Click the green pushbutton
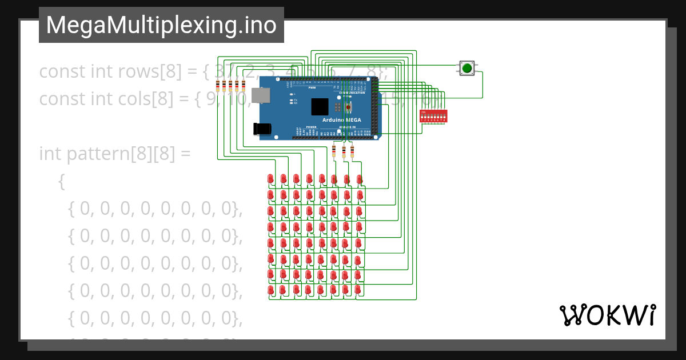[x=467, y=69]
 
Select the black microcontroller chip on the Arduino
[x=320, y=107]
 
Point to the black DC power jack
[x=262, y=129]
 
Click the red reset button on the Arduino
[x=348, y=106]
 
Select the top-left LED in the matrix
[x=270, y=179]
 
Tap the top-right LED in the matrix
[x=360, y=179]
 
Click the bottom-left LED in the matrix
[x=270, y=290]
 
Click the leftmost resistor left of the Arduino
[x=217, y=86]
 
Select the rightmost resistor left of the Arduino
[x=244, y=86]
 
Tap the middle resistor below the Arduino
[x=344, y=151]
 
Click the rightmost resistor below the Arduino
[x=352, y=151]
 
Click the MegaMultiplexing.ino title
[x=161, y=25]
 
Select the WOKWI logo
[x=607, y=315]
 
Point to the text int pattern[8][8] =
[x=114, y=154]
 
